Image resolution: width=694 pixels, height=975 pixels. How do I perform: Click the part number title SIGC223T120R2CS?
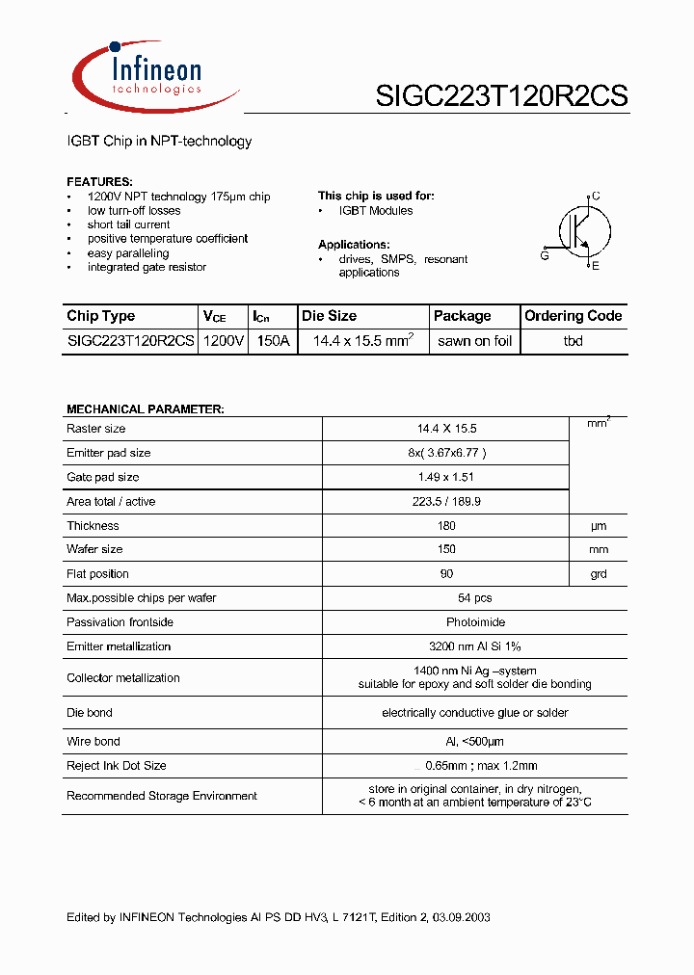click(x=501, y=95)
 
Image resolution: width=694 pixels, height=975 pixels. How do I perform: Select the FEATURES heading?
click(x=99, y=182)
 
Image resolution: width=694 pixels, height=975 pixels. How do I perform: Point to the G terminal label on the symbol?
click(x=545, y=255)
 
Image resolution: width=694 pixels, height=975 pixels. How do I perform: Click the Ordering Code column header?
click(x=573, y=316)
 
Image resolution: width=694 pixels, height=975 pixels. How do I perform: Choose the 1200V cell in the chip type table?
click(x=224, y=341)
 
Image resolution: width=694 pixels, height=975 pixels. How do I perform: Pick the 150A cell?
click(x=271, y=341)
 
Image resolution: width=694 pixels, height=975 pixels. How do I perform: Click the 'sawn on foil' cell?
click(x=474, y=341)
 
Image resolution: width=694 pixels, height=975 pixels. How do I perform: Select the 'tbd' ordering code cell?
click(x=573, y=341)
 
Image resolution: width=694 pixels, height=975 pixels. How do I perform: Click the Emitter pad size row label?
click(x=108, y=453)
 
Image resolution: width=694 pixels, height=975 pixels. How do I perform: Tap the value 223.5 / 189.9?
click(x=445, y=502)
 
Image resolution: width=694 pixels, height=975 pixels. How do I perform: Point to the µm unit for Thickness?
click(x=598, y=526)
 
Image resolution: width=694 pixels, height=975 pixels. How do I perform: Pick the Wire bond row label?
click(x=93, y=741)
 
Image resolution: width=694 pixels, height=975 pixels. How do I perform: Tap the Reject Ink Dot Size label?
click(x=116, y=766)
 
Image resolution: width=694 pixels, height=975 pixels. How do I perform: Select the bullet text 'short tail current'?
click(x=128, y=224)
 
